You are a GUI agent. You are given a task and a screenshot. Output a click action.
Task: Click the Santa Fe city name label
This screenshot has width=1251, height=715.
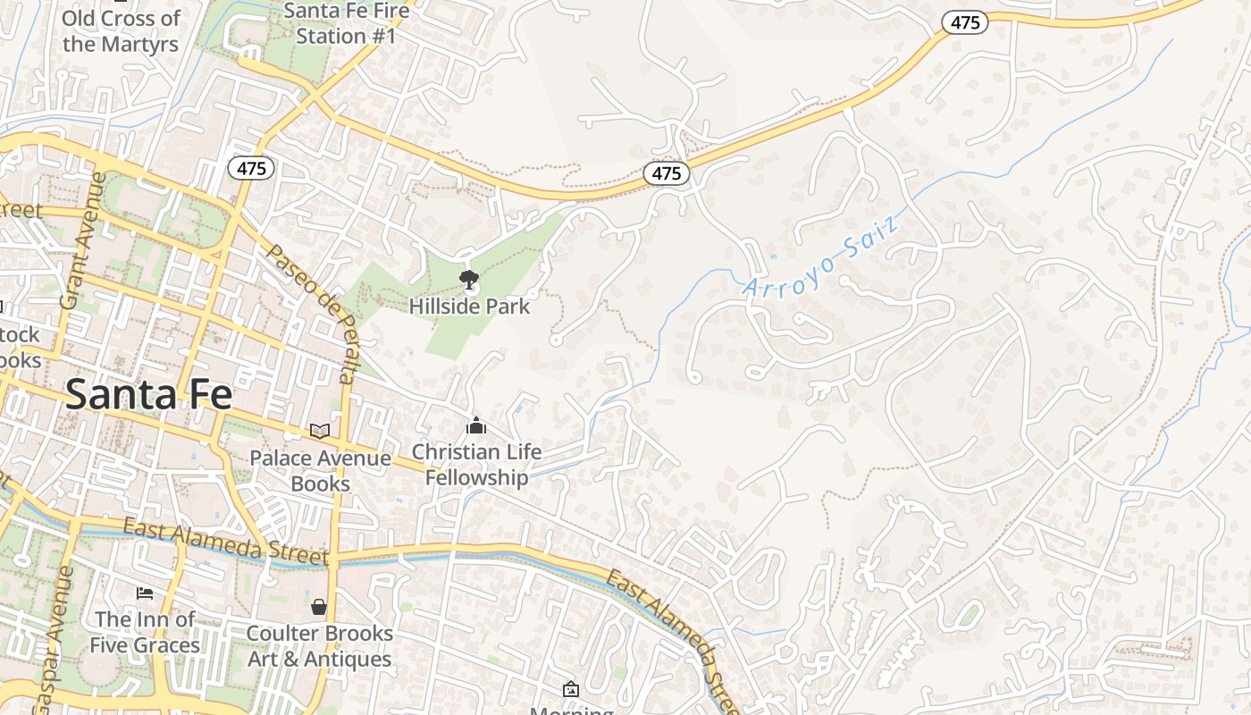[x=148, y=394]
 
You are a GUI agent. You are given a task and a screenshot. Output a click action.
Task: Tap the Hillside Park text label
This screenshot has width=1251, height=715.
[x=469, y=307]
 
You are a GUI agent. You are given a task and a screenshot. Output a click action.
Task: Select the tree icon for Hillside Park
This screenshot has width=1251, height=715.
[x=468, y=281]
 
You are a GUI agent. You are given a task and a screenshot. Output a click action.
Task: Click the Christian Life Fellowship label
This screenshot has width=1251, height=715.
[x=476, y=465]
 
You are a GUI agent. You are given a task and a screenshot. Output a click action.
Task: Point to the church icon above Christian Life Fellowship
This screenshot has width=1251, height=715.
[x=476, y=425]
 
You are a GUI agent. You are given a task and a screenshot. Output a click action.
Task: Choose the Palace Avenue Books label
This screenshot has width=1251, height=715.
[x=320, y=471]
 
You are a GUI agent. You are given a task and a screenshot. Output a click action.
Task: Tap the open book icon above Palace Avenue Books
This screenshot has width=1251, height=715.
[x=319, y=431]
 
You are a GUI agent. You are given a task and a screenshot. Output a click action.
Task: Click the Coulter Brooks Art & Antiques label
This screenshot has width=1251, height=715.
[x=319, y=646]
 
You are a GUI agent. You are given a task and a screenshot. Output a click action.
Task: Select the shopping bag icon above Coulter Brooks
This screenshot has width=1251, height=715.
[x=319, y=607]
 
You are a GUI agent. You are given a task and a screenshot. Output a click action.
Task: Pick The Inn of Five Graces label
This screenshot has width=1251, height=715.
[x=145, y=632]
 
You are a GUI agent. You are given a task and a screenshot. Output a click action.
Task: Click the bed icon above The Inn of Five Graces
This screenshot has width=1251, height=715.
[x=145, y=593]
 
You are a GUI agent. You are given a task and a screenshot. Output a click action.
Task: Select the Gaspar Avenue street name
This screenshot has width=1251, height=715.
[x=53, y=639]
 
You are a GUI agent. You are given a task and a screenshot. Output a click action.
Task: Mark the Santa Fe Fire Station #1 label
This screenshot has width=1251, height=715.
[x=346, y=23]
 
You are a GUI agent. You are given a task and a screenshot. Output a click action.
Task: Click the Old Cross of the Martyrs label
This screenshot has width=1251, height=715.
[x=121, y=30]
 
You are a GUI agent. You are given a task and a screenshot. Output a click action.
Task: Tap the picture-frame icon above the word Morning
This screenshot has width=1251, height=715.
[x=571, y=689]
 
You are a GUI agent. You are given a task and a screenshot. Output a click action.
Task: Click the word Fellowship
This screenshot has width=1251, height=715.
[x=476, y=478]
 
